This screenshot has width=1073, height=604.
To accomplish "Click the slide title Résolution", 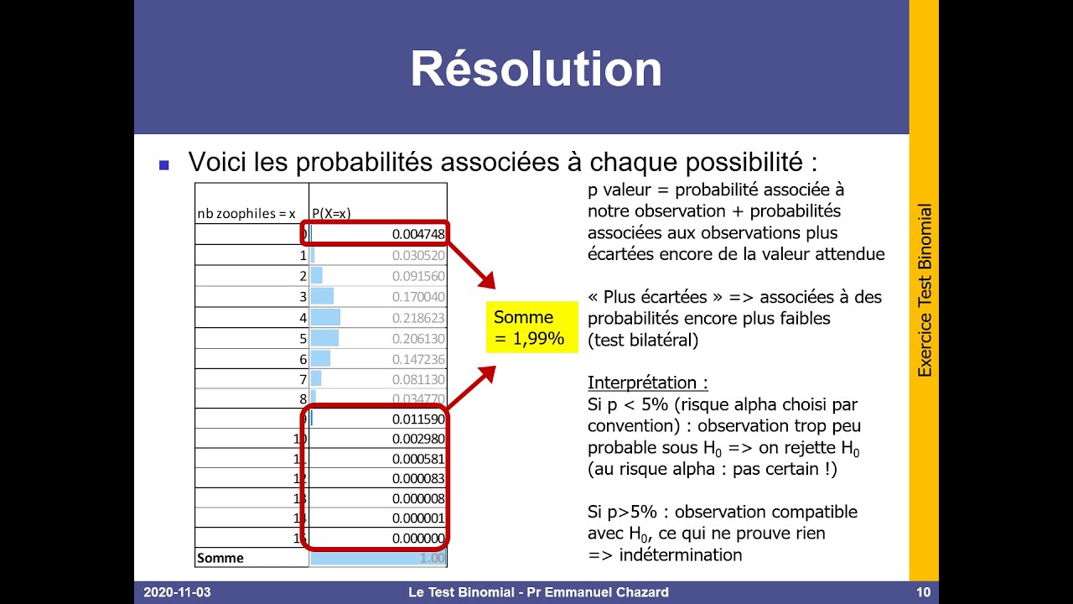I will click(x=536, y=70).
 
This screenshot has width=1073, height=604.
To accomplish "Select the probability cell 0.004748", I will click(x=418, y=234).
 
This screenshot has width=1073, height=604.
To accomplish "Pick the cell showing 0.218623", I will click(x=418, y=318).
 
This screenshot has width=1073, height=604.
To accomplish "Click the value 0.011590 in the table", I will click(x=418, y=418).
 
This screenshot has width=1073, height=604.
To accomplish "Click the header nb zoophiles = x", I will click(x=247, y=213).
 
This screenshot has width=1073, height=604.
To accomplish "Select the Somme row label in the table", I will click(x=220, y=558).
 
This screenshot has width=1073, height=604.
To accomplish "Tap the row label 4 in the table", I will click(x=303, y=318).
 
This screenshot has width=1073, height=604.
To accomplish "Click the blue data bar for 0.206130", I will click(x=324, y=338).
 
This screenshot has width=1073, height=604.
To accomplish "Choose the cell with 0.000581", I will click(x=418, y=459).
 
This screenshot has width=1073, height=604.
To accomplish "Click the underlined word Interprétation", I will click(x=647, y=383).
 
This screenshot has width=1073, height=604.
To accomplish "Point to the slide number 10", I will click(x=923, y=592).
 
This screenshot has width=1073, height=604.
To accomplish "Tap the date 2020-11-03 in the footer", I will click(x=177, y=592).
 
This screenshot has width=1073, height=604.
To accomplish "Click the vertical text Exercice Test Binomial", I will click(x=925, y=290).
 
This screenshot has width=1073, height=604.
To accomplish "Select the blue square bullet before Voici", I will click(x=164, y=164).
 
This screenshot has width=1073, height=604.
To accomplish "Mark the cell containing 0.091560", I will click(x=418, y=276).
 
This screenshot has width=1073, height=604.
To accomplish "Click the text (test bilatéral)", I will click(x=643, y=340).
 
